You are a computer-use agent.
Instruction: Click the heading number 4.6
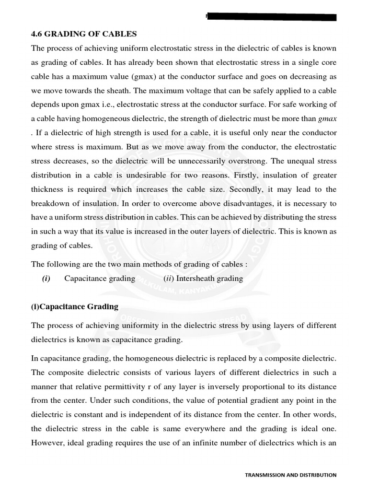tap(37, 34)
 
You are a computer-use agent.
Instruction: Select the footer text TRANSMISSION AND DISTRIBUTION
tap(290, 475)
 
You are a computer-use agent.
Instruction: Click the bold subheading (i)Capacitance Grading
tap(75, 307)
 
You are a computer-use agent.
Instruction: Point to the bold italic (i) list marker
tap(46, 279)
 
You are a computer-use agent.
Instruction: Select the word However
tap(47, 442)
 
